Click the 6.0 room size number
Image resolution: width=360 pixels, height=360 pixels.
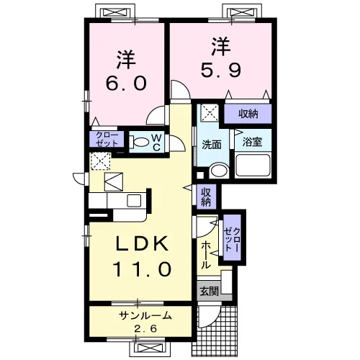tap(126, 83)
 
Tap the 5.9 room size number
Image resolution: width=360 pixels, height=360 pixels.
tap(220, 70)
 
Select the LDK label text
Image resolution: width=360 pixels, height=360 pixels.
tap(142, 243)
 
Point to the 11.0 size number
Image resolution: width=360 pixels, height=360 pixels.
tap(142, 269)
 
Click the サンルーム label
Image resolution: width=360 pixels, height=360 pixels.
tap(145, 315)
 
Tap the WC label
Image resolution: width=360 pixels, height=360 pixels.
tap(156, 143)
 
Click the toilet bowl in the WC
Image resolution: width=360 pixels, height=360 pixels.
tap(138, 142)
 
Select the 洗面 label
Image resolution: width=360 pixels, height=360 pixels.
tap(211, 145)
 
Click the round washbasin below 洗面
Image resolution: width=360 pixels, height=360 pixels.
tap(218, 171)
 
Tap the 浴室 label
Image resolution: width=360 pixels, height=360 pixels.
tap(252, 142)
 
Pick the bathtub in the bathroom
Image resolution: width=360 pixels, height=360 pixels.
tap(253, 165)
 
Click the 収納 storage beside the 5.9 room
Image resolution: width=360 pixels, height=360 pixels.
tap(248, 114)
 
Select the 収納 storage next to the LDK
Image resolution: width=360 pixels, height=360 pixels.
tap(206, 197)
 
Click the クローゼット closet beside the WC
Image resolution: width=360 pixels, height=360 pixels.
tap(107, 139)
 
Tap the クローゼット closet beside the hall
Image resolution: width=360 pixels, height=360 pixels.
tap(232, 238)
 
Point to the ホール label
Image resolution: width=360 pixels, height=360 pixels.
tap(206, 255)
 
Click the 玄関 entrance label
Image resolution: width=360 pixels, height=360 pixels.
tap(210, 292)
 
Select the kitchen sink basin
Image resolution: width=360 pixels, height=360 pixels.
tap(134, 201)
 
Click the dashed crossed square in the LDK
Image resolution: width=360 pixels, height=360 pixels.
tap(101, 161)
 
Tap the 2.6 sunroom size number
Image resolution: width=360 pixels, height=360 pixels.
tap(145, 328)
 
